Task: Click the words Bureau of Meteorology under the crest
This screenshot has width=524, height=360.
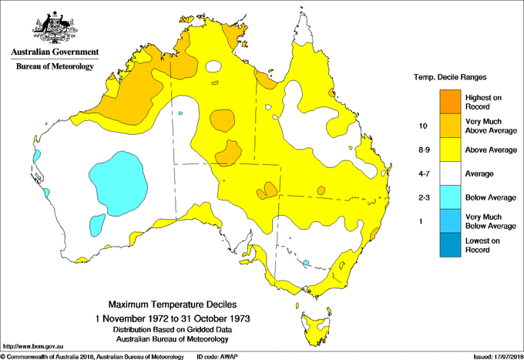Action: [54, 66]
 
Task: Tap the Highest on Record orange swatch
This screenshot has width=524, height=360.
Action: [451, 101]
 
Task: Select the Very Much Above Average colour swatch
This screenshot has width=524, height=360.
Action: [451, 125]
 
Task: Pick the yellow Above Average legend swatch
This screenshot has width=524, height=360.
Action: [451, 150]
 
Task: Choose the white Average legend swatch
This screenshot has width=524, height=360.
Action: [451, 173]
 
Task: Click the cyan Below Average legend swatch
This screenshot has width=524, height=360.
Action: [451, 197]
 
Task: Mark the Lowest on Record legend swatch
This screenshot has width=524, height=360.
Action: [451, 245]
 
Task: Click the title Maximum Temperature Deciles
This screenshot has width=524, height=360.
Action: [173, 305]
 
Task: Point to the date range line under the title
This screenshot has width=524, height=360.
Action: [173, 318]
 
